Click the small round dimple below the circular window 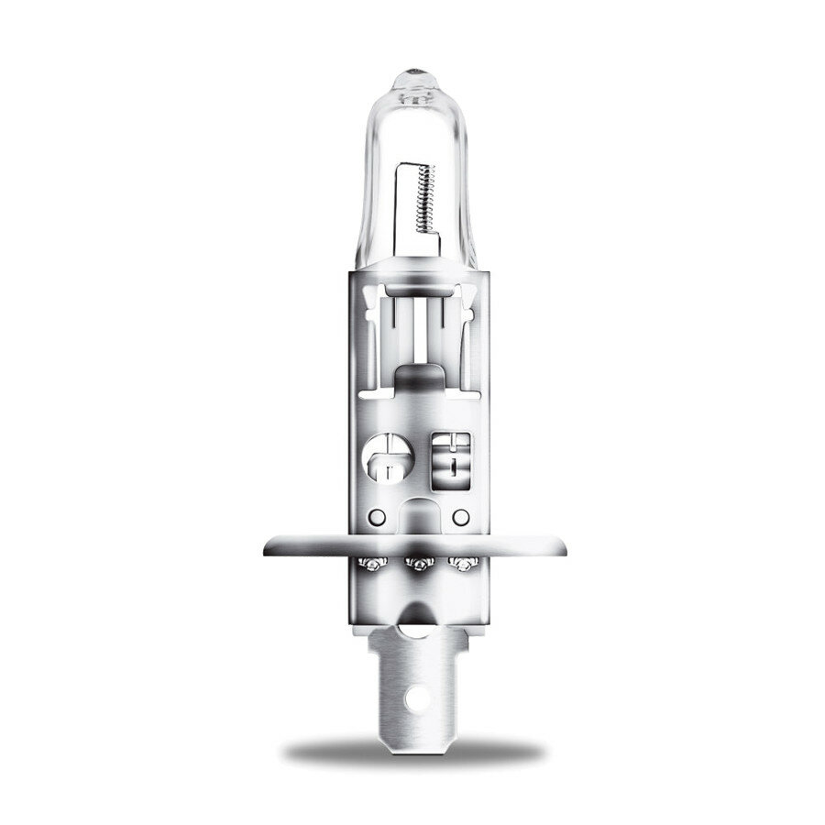click(x=373, y=516)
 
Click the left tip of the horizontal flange click(x=267, y=548)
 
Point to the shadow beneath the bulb click(x=412, y=753)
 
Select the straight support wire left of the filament click(x=397, y=206)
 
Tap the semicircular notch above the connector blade click(x=413, y=622)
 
